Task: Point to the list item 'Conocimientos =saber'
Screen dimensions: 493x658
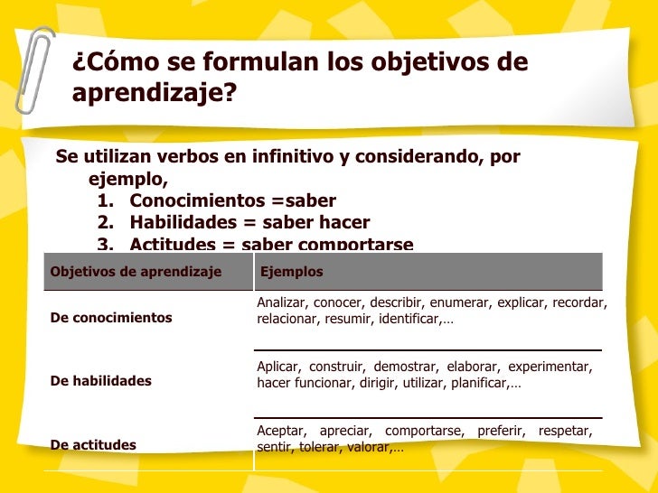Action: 232,200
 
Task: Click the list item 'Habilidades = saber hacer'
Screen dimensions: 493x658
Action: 249,222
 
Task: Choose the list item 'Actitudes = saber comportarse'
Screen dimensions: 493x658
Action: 271,244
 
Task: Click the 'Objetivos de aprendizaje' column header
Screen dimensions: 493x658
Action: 136,272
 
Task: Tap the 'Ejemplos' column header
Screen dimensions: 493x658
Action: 291,272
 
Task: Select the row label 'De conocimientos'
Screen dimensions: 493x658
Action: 111,318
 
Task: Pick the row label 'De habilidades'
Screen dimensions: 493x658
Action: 101,381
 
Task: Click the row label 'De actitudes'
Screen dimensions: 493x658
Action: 94,444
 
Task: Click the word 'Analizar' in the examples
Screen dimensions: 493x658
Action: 280,302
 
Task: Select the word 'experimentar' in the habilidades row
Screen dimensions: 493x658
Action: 550,367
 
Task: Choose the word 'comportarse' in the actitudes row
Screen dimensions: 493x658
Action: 423,431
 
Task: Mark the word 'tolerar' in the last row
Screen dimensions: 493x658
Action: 316,448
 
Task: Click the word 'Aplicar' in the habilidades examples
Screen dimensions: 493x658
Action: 278,367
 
